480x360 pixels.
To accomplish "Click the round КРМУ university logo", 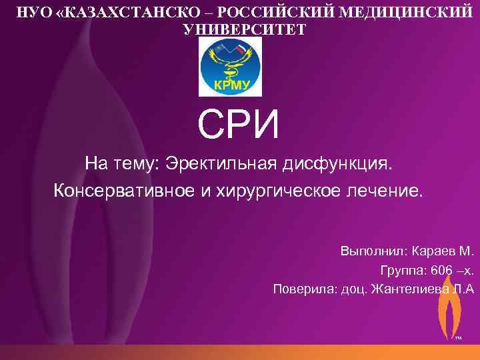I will [231, 67].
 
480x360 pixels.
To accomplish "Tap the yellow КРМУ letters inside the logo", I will [231, 84].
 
